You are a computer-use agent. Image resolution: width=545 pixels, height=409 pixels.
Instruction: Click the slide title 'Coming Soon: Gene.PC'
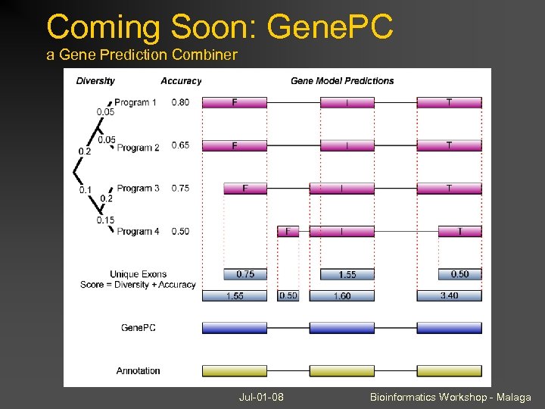click(x=220, y=27)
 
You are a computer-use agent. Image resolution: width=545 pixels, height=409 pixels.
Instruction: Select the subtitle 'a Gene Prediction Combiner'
click(x=142, y=55)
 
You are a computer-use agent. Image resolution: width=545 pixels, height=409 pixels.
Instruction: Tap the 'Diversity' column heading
click(x=95, y=81)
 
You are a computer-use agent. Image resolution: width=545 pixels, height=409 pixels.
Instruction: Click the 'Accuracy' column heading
click(x=181, y=81)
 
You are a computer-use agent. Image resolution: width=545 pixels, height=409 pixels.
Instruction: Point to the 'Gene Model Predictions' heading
click(x=342, y=81)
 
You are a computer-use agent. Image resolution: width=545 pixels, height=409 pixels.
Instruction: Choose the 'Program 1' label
click(x=137, y=103)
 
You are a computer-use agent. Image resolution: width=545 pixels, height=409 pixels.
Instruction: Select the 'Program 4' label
click(x=138, y=231)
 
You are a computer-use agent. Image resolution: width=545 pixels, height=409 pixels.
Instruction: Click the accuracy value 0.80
click(x=180, y=103)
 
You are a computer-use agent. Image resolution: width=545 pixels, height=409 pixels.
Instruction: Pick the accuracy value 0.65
click(x=180, y=145)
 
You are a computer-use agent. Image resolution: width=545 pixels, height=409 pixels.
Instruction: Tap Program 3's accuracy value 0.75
click(x=180, y=189)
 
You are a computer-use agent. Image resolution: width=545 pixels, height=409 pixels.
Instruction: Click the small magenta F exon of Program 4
click(x=288, y=232)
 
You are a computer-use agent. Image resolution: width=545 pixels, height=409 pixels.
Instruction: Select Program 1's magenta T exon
click(x=449, y=102)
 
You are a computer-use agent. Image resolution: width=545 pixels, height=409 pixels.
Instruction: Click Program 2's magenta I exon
click(x=347, y=145)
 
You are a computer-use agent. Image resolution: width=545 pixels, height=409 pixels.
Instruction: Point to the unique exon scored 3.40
click(x=449, y=296)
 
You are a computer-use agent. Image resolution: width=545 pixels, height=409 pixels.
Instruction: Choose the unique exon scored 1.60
click(x=341, y=296)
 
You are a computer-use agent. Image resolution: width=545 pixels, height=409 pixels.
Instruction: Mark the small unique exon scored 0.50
click(x=288, y=296)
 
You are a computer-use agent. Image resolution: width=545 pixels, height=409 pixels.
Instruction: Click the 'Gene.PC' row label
click(x=139, y=328)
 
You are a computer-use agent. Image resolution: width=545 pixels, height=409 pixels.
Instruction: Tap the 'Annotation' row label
click(x=138, y=371)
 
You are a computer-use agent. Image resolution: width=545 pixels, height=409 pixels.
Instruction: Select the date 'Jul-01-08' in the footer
click(x=261, y=397)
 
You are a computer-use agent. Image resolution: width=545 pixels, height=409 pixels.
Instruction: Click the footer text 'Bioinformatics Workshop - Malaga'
click(x=450, y=397)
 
